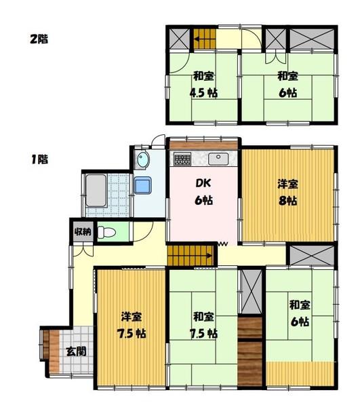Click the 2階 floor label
(37, 38)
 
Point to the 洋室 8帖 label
(287, 192)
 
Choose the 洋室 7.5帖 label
(132, 326)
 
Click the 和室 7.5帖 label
(203, 326)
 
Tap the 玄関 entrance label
(76, 351)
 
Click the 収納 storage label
(82, 232)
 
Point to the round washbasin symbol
(142, 161)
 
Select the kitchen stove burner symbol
(182, 160)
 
